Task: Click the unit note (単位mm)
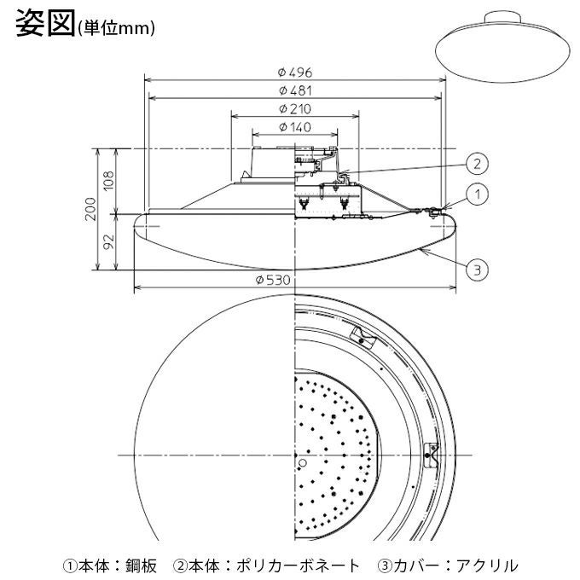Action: [116, 28]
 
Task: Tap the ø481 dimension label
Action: [294, 90]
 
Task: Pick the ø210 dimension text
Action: [294, 109]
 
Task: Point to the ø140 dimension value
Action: [294, 127]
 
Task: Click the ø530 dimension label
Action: [294, 281]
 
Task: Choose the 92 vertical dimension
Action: [108, 241]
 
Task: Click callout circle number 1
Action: [478, 194]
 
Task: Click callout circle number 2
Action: [478, 163]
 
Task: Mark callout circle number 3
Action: [478, 270]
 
